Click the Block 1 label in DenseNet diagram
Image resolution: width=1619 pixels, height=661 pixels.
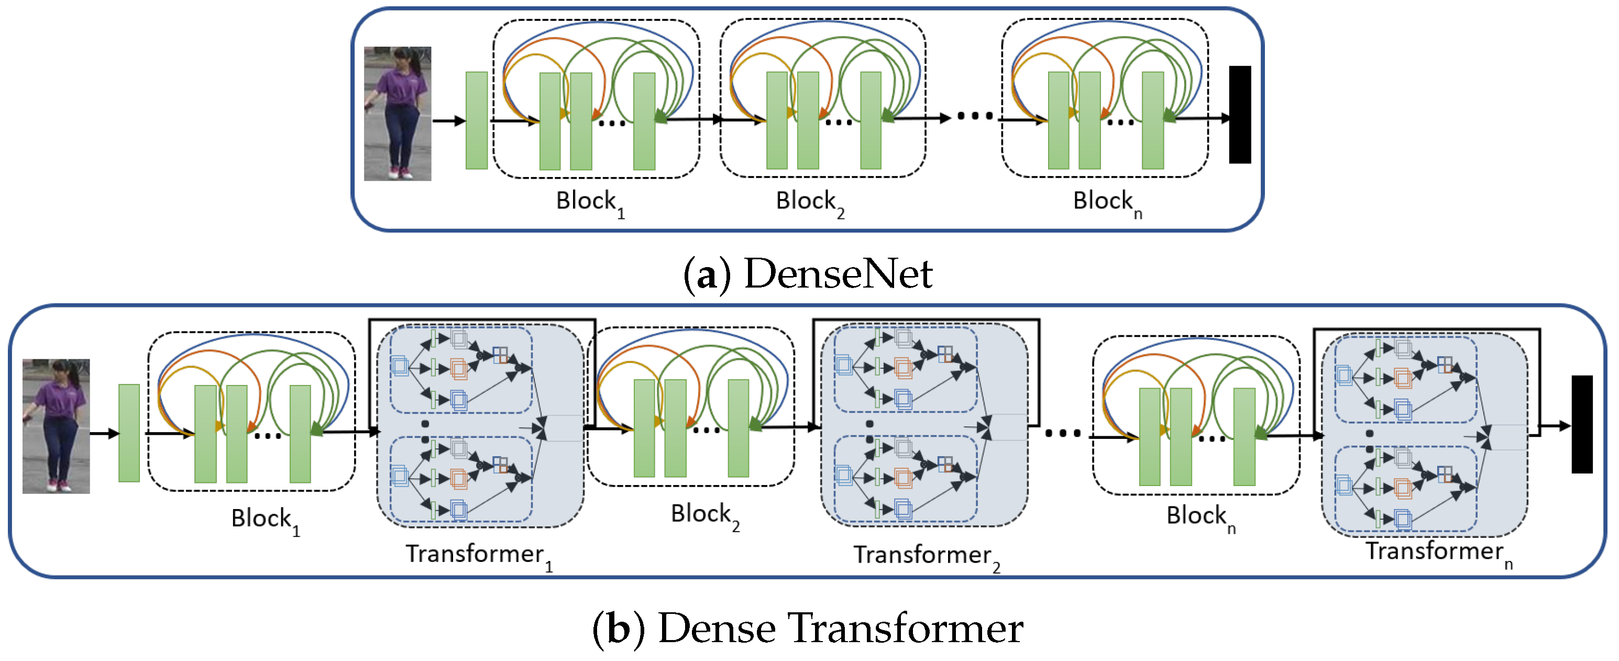[590, 203]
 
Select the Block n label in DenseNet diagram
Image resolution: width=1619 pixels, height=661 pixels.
[1107, 203]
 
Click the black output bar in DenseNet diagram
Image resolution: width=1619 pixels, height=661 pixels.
[1239, 114]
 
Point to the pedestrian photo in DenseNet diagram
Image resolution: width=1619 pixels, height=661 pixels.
[397, 114]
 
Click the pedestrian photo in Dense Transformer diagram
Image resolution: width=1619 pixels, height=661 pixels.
[56, 426]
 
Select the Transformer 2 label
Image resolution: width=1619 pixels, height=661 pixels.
[926, 557]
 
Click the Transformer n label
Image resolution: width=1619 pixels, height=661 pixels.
[1439, 553]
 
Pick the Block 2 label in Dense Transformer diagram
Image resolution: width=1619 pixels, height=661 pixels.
[704, 516]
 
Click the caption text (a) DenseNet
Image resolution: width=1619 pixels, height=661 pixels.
[808, 274]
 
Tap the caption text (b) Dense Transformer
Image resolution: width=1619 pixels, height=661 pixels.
[808, 629]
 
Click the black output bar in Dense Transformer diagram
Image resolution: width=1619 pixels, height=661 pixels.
[1582, 424]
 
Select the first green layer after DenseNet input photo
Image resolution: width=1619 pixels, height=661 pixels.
[477, 120]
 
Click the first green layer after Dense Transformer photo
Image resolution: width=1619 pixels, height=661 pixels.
[129, 433]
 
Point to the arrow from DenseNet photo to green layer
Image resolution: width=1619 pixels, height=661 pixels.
[449, 120]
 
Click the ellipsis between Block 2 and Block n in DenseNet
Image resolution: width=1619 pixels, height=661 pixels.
[975, 116]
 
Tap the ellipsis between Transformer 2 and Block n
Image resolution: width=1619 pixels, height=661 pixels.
[1063, 433]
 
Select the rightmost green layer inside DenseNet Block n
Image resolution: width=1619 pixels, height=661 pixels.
[1153, 120]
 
